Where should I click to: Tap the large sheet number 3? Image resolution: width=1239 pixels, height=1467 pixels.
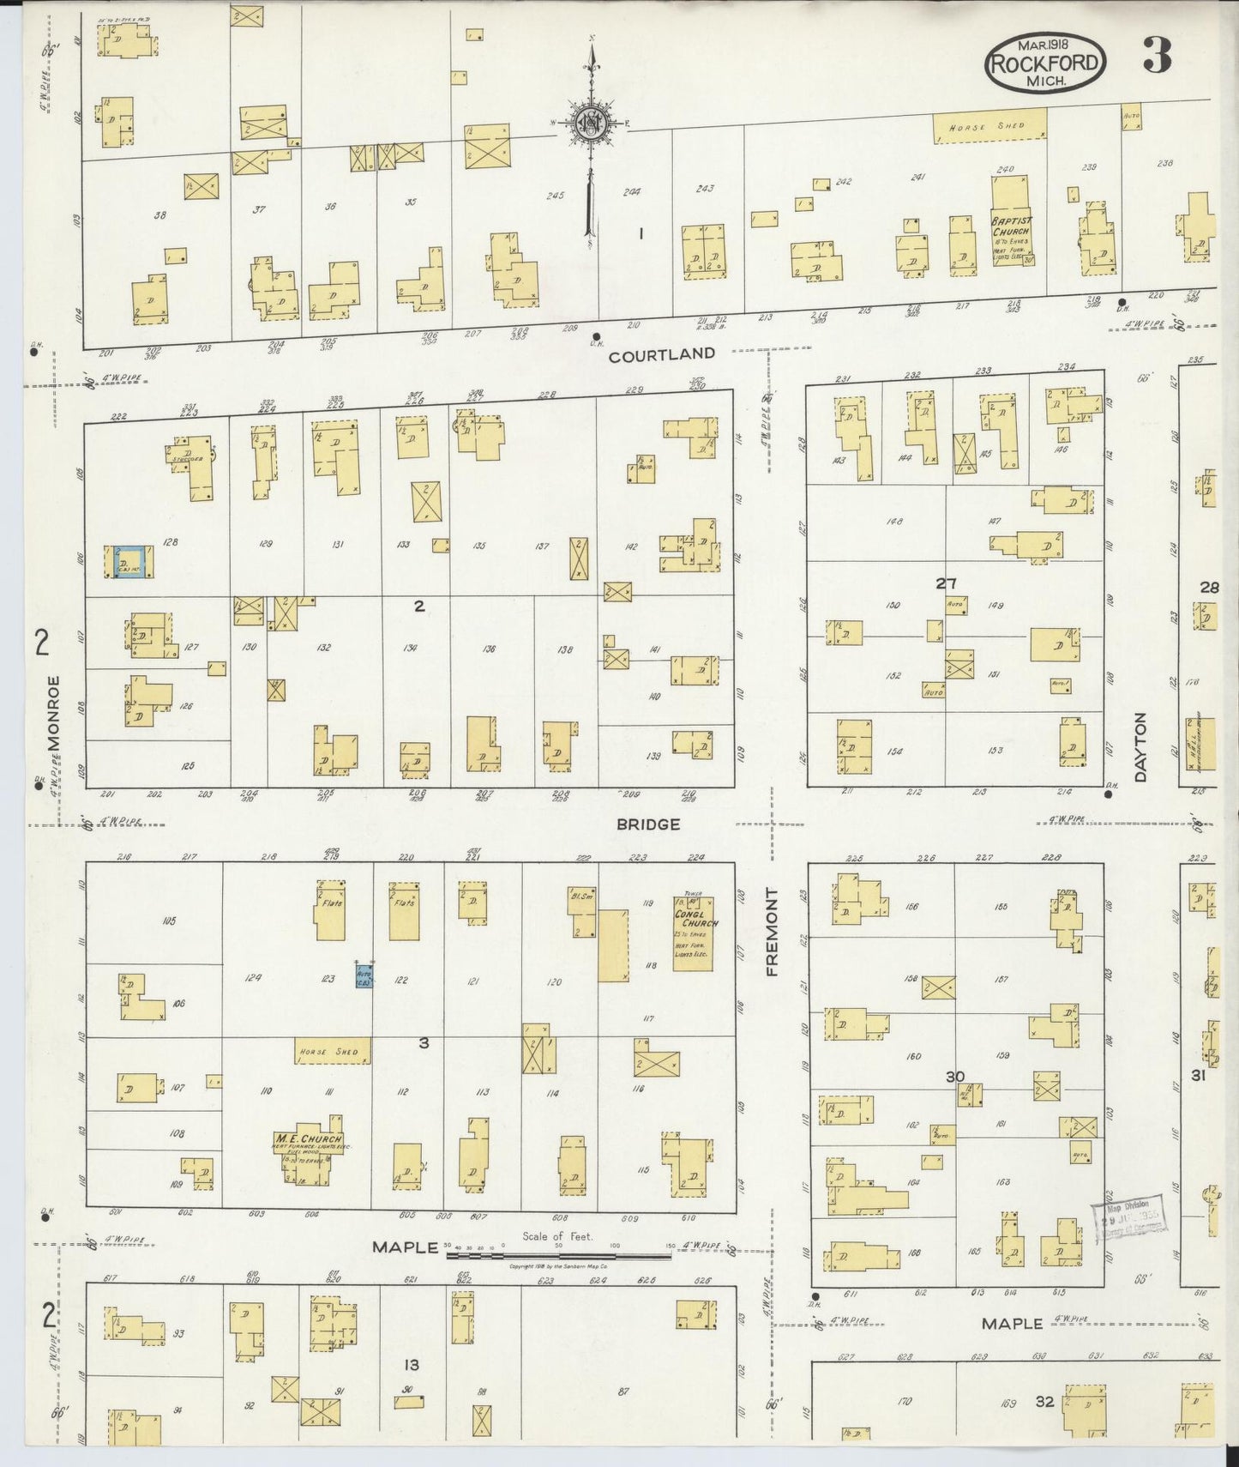(1157, 57)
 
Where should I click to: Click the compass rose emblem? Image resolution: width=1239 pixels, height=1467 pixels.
(591, 124)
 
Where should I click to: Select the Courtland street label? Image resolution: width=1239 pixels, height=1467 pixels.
(661, 353)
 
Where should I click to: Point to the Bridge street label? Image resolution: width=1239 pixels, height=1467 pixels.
(647, 824)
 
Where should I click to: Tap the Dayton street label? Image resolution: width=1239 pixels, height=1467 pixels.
(1140, 747)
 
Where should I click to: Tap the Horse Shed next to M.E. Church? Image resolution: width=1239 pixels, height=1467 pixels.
(334, 1051)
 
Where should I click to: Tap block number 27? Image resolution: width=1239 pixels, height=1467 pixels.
(946, 583)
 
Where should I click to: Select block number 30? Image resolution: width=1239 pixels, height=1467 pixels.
(954, 1077)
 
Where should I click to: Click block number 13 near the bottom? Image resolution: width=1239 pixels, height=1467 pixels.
(412, 1364)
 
